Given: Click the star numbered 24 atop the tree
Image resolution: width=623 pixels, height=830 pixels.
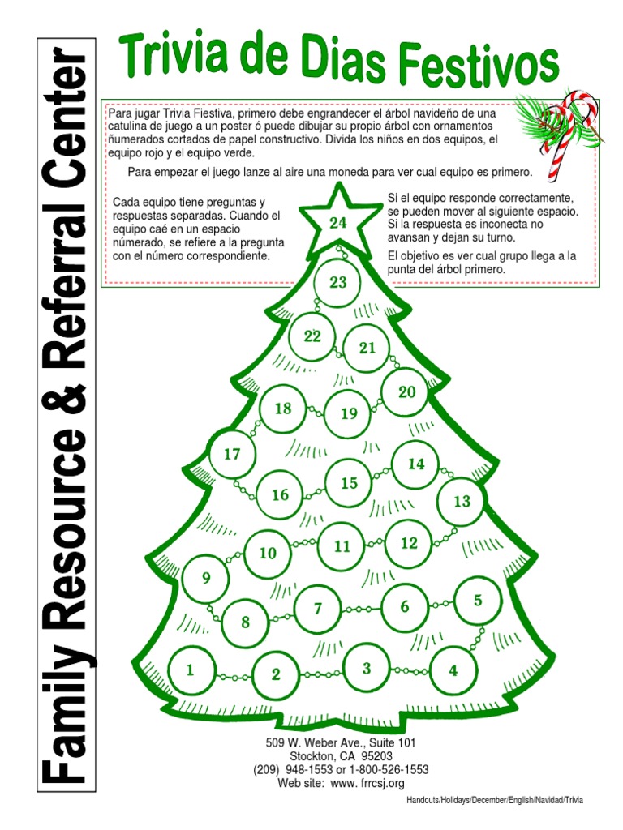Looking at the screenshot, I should [x=338, y=220].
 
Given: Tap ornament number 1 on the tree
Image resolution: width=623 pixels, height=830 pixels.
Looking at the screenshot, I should [x=191, y=670].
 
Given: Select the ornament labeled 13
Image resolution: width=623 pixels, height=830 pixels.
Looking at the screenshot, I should [x=462, y=501].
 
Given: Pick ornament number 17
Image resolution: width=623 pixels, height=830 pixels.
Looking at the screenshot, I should [x=233, y=454].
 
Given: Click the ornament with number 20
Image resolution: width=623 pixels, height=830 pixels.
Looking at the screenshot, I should [x=406, y=392].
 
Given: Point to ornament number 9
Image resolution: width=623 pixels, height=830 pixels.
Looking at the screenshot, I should [x=206, y=578].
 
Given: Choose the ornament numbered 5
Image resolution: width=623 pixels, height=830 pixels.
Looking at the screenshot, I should [x=478, y=601].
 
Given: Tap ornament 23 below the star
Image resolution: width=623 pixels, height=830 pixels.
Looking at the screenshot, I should [x=338, y=282].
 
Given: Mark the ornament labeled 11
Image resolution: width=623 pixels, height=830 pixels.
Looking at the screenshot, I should [x=342, y=546].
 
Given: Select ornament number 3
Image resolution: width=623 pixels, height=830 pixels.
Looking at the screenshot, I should [x=367, y=669].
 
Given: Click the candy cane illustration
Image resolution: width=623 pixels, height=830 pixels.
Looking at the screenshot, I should [x=565, y=134].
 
